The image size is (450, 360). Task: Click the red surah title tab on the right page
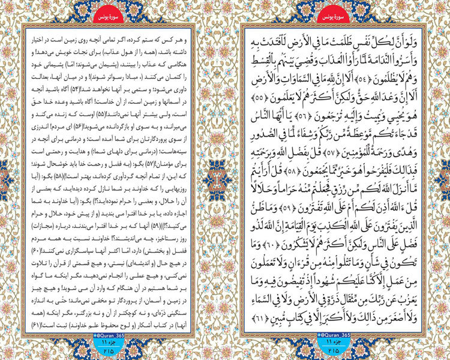[x=334, y=13]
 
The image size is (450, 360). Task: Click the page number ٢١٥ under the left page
[x=114, y=350]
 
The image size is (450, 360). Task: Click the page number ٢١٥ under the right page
[x=334, y=350]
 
